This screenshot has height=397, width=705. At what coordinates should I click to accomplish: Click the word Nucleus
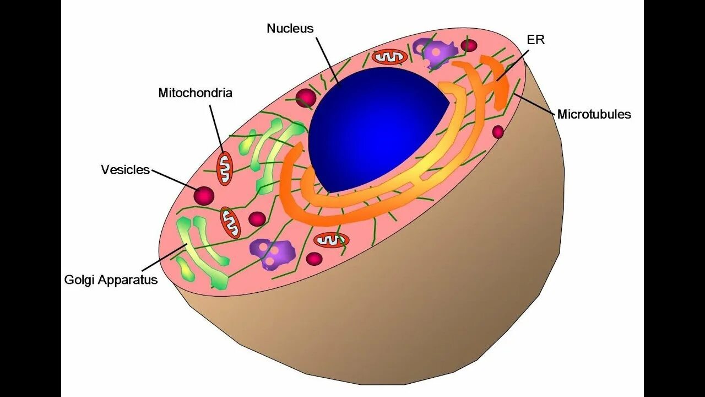click(x=290, y=29)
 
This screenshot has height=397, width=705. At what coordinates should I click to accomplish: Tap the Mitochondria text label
click(x=195, y=93)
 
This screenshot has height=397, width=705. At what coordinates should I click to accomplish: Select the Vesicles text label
click(x=125, y=169)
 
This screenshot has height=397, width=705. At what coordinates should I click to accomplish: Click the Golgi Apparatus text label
click(x=111, y=280)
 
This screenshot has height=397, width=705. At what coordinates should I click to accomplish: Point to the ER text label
click(x=535, y=40)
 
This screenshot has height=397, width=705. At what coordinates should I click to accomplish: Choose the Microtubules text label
click(x=594, y=114)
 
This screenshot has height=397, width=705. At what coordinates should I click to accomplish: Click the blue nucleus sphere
click(x=375, y=127)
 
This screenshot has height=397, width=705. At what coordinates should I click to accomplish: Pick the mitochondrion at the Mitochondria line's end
click(x=224, y=169)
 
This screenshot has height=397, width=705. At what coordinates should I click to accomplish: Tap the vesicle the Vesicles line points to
click(x=204, y=195)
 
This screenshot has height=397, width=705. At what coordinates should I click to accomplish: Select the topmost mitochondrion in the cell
click(x=389, y=56)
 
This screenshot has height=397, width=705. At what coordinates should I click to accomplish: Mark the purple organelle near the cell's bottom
click(x=273, y=253)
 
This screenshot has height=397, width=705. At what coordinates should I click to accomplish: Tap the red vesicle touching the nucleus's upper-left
click(x=306, y=98)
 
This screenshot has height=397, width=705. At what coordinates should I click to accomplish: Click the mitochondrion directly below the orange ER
click(x=332, y=240)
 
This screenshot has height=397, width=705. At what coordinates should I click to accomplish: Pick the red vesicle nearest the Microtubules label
click(x=498, y=132)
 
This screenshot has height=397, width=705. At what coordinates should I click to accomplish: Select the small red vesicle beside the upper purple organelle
click(x=469, y=45)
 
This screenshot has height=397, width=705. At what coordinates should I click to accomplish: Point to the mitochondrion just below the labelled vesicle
click(x=231, y=222)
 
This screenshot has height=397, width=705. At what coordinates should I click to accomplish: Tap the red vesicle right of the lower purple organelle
click(x=314, y=258)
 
